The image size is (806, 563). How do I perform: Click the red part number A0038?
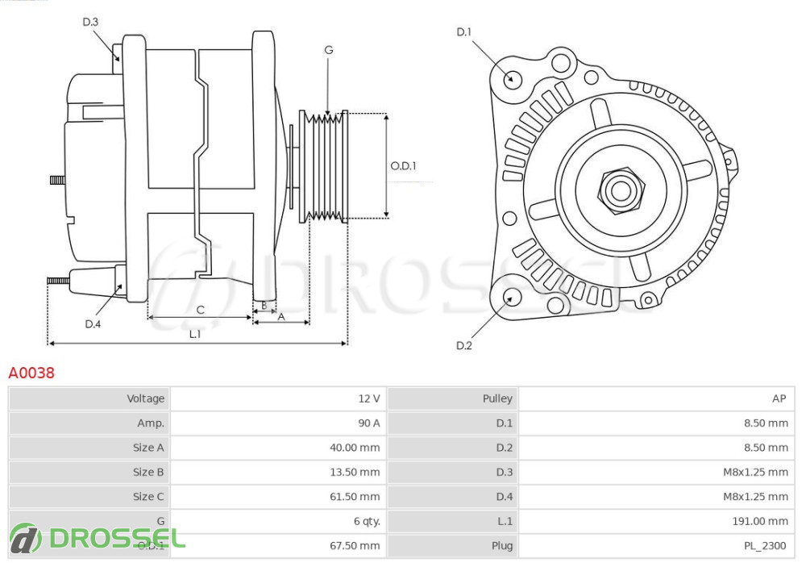pyautogui.click(x=31, y=373)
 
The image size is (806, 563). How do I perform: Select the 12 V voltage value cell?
pyautogui.click(x=369, y=398)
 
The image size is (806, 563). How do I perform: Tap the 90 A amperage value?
pyautogui.click(x=369, y=423)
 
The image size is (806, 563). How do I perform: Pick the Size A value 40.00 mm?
pyautogui.click(x=357, y=448)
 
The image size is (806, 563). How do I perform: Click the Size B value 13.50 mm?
pyautogui.click(x=357, y=472)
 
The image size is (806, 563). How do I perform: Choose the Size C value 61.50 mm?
pyautogui.click(x=357, y=497)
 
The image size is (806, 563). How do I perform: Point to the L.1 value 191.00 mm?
pyautogui.click(x=759, y=521)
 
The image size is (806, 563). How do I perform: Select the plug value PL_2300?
pyautogui.click(x=765, y=546)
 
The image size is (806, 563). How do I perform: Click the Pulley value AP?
pyautogui.click(x=779, y=398)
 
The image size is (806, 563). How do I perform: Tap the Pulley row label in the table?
pyautogui.click(x=497, y=398)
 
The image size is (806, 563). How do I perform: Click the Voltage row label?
pyautogui.click(x=145, y=398)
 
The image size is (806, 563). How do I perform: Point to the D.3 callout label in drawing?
pyautogui.click(x=90, y=22)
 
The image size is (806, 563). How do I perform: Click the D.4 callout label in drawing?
pyautogui.click(x=93, y=324)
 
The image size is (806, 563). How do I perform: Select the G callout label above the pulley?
pyautogui.click(x=329, y=50)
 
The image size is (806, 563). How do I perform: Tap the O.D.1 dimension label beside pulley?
pyautogui.click(x=404, y=166)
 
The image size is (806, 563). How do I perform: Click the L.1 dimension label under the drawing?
pyautogui.click(x=196, y=334)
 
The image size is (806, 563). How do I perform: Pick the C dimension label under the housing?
pyautogui.click(x=201, y=310)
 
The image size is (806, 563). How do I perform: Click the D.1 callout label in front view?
pyautogui.click(x=463, y=32)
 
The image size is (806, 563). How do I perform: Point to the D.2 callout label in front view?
pyautogui.click(x=463, y=346)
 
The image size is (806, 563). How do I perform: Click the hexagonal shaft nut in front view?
pyautogui.click(x=621, y=190)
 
